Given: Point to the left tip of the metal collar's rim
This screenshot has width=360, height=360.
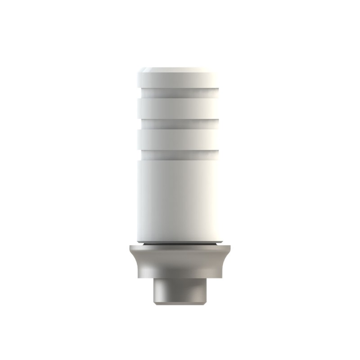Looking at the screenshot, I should [x=129, y=247].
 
